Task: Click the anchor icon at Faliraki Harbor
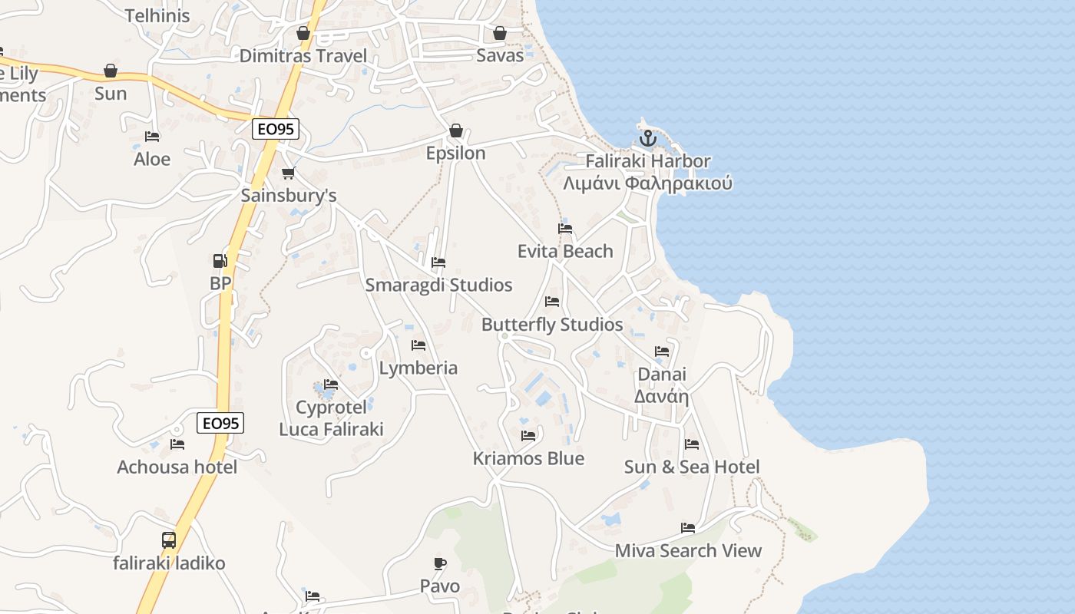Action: click(x=648, y=139)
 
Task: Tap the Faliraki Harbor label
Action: click(x=648, y=161)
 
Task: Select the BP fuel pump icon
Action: click(x=220, y=261)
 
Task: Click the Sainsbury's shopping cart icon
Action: click(x=288, y=173)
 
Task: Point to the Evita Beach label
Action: click(x=565, y=251)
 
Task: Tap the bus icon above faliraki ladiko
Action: click(x=169, y=540)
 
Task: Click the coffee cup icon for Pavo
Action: click(x=440, y=564)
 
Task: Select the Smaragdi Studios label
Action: click(x=438, y=285)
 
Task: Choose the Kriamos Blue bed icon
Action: click(x=528, y=436)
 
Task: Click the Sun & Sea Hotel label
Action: click(x=692, y=467)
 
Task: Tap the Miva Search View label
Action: click(x=688, y=550)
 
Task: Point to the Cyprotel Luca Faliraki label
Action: click(x=331, y=418)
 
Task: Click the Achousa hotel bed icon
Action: click(x=177, y=444)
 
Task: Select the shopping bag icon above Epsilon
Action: click(x=456, y=130)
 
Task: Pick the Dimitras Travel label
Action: click(x=303, y=55)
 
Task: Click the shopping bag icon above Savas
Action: click(x=500, y=33)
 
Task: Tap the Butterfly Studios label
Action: click(x=552, y=324)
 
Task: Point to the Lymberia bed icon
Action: click(x=418, y=345)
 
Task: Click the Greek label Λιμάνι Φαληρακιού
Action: click(x=647, y=183)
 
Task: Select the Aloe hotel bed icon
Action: click(x=152, y=137)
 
